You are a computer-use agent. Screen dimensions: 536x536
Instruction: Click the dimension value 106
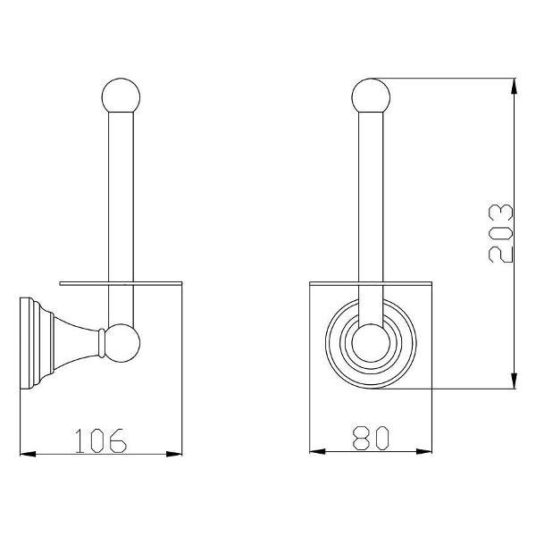(x=100, y=440)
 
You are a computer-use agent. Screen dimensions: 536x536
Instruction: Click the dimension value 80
(x=371, y=438)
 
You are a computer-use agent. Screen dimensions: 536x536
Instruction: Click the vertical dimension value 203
(x=501, y=233)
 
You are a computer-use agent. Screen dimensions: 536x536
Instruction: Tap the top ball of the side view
(x=121, y=96)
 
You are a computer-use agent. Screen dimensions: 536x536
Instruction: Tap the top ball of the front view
(x=371, y=96)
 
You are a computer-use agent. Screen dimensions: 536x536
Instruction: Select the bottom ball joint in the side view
(x=121, y=343)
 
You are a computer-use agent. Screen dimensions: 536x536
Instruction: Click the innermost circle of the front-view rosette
(x=371, y=343)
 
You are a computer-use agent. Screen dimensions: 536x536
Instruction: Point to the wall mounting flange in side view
(x=28, y=343)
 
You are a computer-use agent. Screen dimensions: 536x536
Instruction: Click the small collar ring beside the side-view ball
(x=101, y=343)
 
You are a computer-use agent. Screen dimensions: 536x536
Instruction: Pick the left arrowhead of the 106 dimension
(x=28, y=454)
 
